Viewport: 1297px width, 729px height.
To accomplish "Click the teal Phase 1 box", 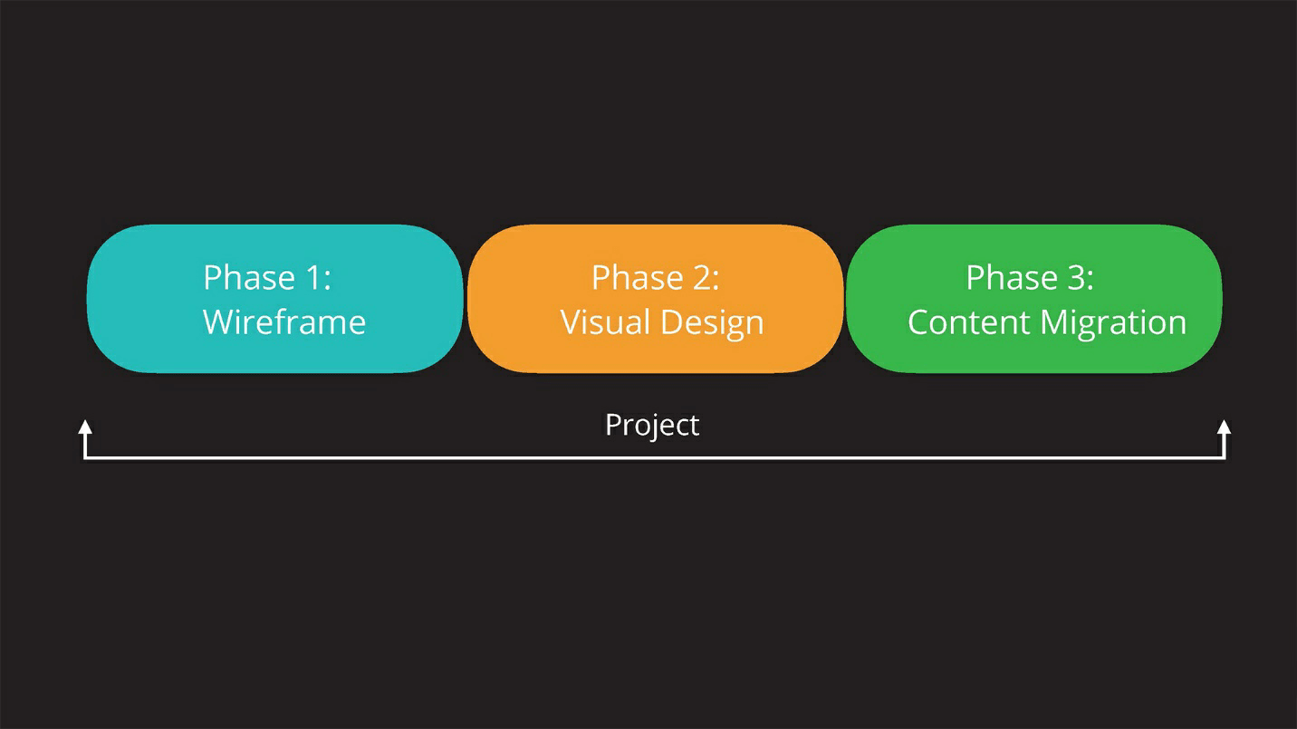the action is pos(274,299).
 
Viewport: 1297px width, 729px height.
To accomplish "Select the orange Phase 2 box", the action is pos(655,299).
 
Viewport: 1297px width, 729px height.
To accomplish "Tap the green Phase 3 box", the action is pos(1034,299).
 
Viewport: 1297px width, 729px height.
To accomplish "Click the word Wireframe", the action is pos(284,322).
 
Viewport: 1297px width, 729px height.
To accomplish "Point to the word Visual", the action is pos(606,322).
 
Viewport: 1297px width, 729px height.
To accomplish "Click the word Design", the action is pos(712,323).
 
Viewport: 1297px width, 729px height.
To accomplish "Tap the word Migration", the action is pos(1113,323).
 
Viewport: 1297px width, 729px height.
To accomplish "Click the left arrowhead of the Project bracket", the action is pos(85,427).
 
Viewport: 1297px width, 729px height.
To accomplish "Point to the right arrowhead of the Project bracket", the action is pos(1224,427).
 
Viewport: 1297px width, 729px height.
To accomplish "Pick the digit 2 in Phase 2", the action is pos(702,277).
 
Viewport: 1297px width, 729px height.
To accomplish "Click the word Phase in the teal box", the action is pos(250,277).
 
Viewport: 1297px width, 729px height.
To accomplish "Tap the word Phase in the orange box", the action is pos(638,277).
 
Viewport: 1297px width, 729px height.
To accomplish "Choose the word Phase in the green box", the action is pos(1012,277).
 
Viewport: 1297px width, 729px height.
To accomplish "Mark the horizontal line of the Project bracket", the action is pos(654,458).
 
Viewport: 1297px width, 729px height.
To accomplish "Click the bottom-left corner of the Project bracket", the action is pos(85,458).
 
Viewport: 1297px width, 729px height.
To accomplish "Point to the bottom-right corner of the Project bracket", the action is pos(1224,458).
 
